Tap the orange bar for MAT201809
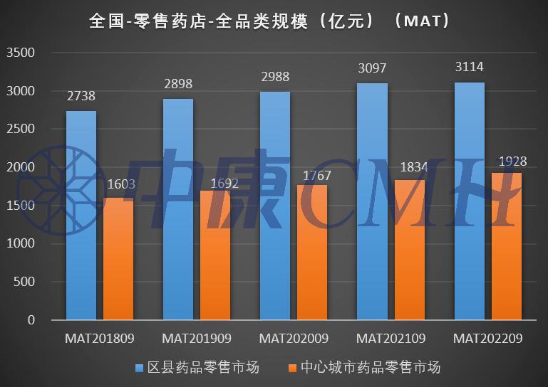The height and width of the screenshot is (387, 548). (x=118, y=259)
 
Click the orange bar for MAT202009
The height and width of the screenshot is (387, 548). (x=312, y=253)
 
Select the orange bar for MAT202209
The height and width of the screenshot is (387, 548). (x=506, y=246)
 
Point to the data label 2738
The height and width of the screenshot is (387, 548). (x=81, y=97)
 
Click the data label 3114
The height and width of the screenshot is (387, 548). (x=468, y=68)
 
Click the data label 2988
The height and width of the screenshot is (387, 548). (x=274, y=78)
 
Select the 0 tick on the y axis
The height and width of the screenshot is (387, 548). (x=30, y=320)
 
